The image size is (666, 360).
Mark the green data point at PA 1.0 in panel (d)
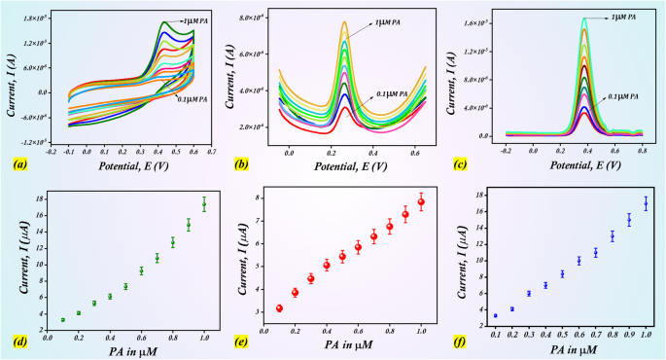pyautogui.click(x=204, y=203)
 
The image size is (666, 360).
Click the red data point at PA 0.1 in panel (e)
pyautogui.click(x=279, y=308)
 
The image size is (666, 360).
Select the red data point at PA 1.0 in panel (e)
pyautogui.click(x=421, y=202)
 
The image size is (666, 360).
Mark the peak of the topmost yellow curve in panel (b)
pyautogui.click(x=344, y=22)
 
